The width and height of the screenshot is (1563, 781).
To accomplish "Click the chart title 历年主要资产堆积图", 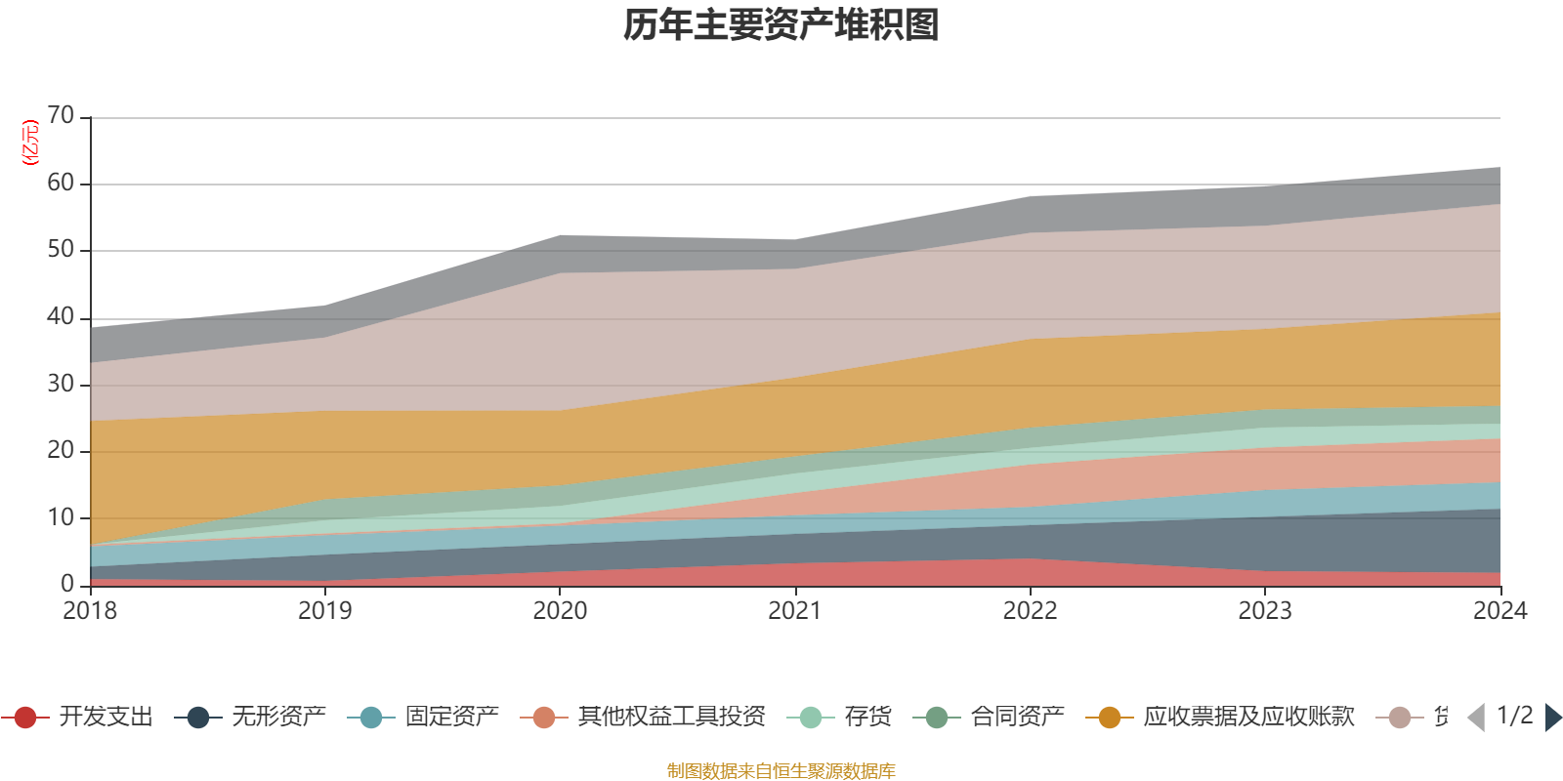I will click(781, 25).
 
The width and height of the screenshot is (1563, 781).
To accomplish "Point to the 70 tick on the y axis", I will click(61, 116).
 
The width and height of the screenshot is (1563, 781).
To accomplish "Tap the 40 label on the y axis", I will click(61, 316).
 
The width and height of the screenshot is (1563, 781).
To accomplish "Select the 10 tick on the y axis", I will click(61, 517).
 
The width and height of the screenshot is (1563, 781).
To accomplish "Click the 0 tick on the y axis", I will click(67, 584).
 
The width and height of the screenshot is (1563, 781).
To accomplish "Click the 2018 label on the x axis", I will click(90, 611).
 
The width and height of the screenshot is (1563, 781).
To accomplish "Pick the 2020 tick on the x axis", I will click(560, 611).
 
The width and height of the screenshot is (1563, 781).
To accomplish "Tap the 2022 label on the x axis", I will click(1031, 611).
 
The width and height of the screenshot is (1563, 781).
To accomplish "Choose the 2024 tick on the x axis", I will click(1500, 611).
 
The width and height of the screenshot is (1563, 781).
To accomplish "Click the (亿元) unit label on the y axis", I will click(30, 143).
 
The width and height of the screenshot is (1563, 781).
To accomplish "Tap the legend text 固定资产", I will click(452, 718).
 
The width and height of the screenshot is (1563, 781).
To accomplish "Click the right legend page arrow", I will click(1553, 718).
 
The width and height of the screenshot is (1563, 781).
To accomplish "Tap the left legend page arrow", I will click(1476, 718).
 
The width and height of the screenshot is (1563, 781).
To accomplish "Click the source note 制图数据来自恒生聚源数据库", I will click(781, 771).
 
